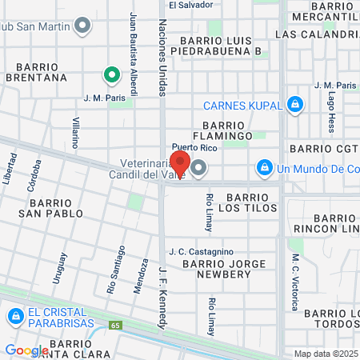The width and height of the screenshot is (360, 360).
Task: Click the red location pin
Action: (179, 162)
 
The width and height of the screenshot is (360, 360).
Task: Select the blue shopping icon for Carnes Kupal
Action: (296, 104)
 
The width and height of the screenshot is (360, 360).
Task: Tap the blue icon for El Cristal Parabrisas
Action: (14, 317)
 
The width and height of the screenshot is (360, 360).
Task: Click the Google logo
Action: (26, 350)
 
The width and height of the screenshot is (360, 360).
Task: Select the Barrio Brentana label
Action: (36, 73)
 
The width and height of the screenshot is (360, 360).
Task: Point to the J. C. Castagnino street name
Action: (201, 252)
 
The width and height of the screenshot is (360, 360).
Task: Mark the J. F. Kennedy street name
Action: (162, 297)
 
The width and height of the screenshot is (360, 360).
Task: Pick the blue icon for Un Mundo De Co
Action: (263, 168)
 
